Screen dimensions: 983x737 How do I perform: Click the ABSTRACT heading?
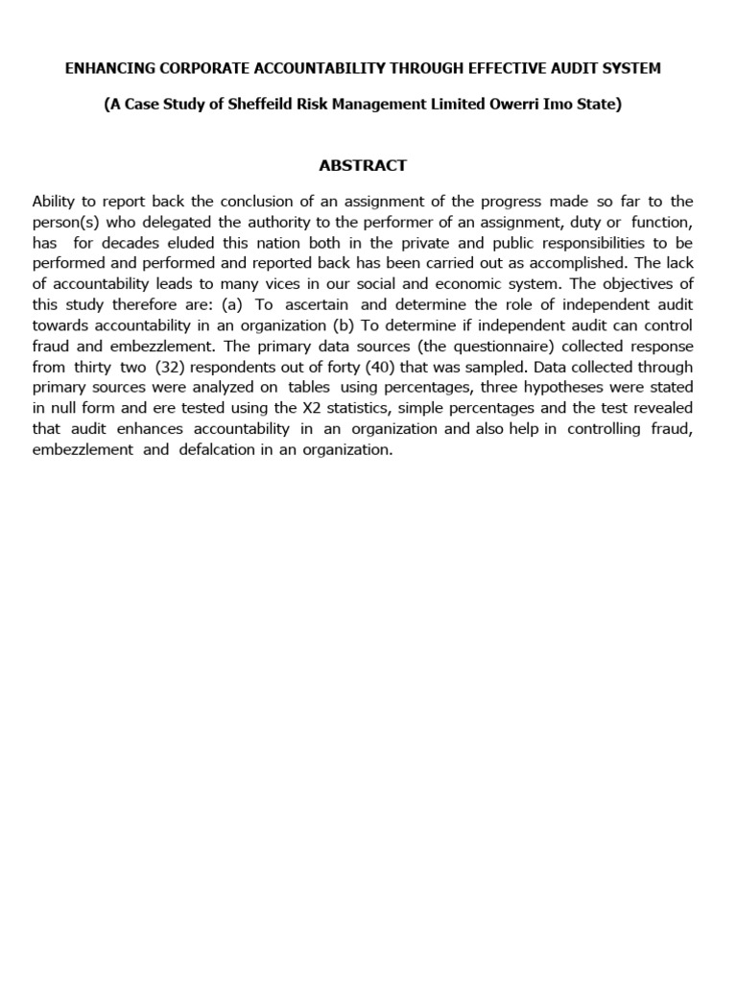click(x=363, y=165)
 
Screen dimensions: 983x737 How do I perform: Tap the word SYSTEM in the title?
click(x=630, y=68)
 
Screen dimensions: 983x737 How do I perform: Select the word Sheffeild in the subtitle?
click(x=264, y=105)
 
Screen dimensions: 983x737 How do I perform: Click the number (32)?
click(x=174, y=367)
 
